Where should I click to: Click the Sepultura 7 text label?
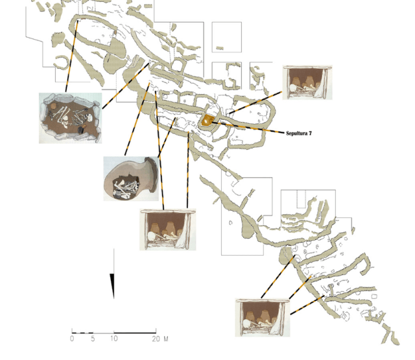299,133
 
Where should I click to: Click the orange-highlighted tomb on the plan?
207,120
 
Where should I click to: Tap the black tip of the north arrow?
113,298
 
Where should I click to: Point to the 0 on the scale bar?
72,339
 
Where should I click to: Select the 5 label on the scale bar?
93,339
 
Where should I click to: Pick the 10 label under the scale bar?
114,339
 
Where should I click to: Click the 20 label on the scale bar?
156,339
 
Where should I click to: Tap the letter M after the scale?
166,339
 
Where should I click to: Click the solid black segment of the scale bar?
135,333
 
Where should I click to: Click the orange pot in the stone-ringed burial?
53,106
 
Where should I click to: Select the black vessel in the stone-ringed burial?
81,130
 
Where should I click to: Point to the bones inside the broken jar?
126,188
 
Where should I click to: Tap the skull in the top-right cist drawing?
293,88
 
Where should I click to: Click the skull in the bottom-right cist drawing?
246,324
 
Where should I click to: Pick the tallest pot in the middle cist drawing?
169,228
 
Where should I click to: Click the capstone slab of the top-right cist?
307,67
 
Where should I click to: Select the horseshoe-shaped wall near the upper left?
62,62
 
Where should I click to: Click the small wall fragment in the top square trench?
220,48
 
